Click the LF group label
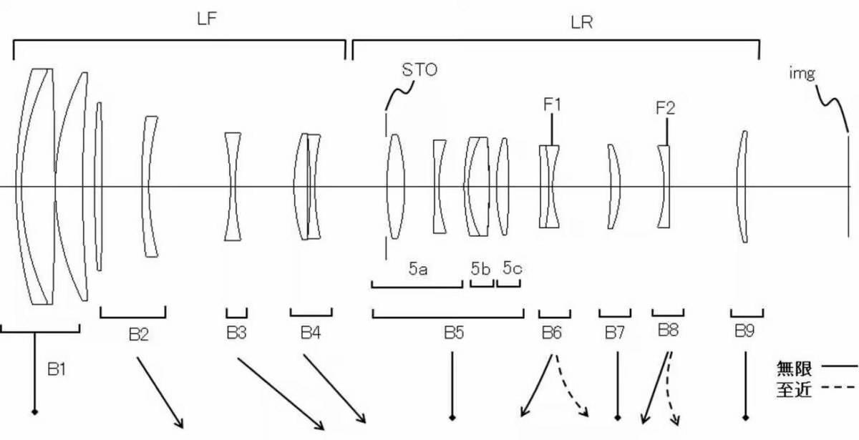(207, 19)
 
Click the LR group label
(582, 23)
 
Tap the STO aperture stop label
(419, 70)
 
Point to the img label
(802, 73)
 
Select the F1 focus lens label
(552, 104)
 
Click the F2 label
(665, 108)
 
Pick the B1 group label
(57, 369)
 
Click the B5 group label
(454, 333)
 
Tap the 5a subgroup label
(418, 269)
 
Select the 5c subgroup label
(513, 268)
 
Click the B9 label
(744, 331)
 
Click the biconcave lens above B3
(233, 187)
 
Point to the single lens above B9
(742, 187)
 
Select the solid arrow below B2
(160, 393)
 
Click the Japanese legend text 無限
(794, 368)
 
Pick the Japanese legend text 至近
(794, 390)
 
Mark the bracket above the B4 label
(311, 315)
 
